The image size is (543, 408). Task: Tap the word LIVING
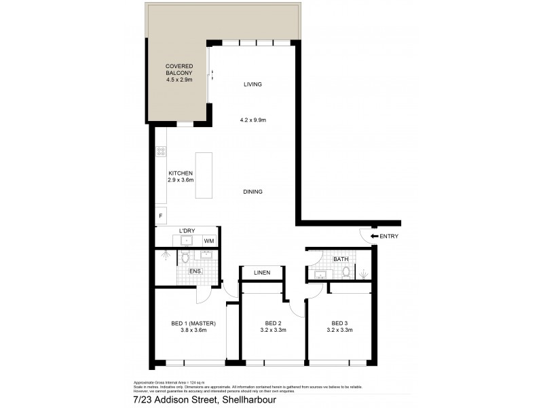click(252, 84)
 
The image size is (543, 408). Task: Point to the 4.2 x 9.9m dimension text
click(252, 120)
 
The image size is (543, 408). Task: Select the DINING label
click(252, 192)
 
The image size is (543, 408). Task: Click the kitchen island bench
click(204, 175)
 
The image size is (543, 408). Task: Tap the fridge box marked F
click(161, 216)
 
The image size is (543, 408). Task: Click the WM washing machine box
click(209, 241)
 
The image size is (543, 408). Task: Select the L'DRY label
click(187, 231)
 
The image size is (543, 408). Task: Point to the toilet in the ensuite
click(185, 258)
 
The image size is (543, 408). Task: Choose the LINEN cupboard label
click(262, 273)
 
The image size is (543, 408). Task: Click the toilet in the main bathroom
click(346, 272)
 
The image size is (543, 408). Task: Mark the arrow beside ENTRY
click(374, 237)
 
